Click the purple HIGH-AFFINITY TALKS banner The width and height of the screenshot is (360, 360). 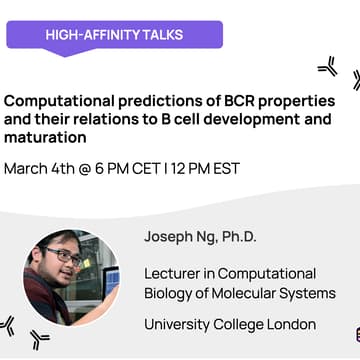113,36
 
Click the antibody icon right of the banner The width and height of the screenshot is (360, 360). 327,67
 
